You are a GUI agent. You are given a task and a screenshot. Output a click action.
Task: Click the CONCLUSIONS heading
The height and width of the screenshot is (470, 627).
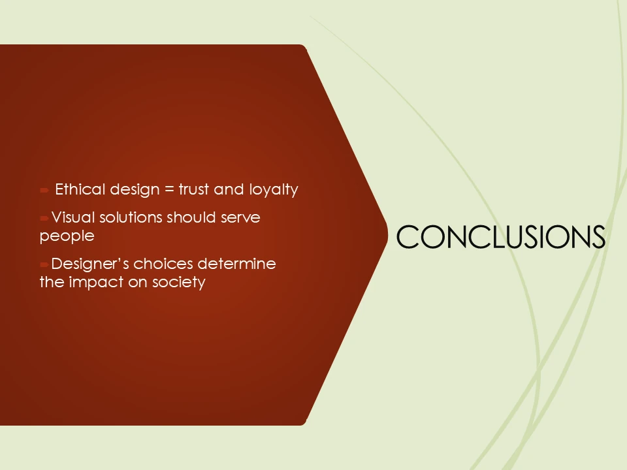tap(500, 237)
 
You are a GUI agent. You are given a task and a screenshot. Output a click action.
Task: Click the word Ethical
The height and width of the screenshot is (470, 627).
tap(80, 190)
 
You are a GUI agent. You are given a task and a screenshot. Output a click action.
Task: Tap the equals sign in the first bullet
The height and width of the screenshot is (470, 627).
tap(169, 190)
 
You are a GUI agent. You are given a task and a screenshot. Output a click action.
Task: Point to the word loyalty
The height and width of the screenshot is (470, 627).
tap(274, 191)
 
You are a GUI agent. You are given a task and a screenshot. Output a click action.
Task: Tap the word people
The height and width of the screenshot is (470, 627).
tap(67, 236)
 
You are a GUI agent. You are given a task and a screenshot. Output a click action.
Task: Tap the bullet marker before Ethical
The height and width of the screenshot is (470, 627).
tap(44, 191)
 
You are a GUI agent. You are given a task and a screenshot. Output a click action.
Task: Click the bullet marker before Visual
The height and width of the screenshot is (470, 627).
tap(44, 218)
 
